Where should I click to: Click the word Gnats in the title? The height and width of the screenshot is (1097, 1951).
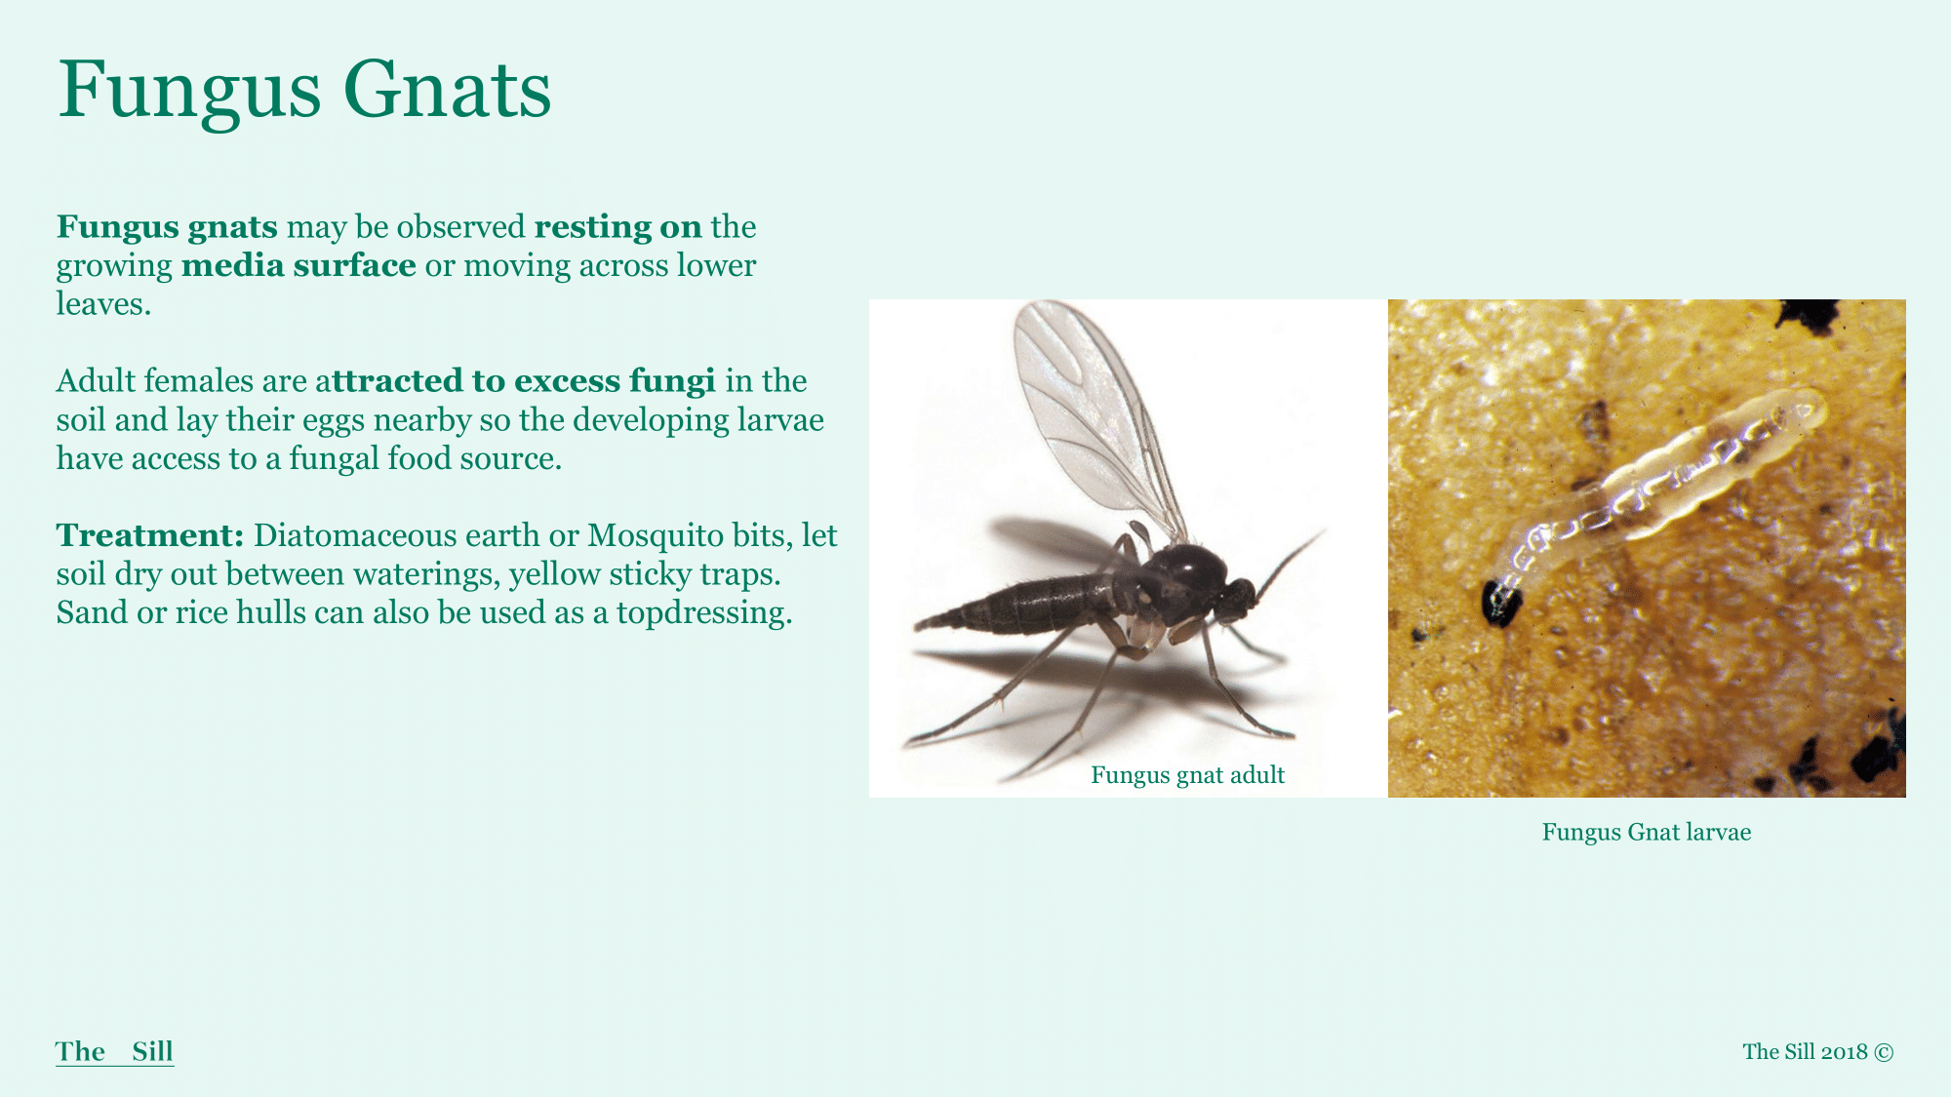coord(447,90)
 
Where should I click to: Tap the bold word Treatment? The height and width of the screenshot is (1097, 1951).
coord(150,534)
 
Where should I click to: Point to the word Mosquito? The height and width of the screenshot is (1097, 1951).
coord(655,536)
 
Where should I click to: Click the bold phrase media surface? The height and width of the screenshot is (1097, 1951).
coord(299,265)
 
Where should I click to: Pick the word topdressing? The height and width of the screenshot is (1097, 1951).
coord(703,613)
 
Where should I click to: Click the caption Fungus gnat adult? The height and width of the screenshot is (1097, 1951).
coord(1187,775)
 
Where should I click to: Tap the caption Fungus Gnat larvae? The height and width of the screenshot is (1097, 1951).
coord(1647,832)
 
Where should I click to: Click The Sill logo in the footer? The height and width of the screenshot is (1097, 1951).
coord(114,1051)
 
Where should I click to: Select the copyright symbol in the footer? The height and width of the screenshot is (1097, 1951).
coord(1884,1052)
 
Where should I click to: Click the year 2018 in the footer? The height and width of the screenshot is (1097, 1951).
coord(1844,1052)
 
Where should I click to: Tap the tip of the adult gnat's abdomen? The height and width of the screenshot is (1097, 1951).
coord(918,625)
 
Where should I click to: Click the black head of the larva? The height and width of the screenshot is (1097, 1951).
coord(1500,602)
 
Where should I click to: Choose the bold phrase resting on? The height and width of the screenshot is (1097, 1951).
coord(617,226)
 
